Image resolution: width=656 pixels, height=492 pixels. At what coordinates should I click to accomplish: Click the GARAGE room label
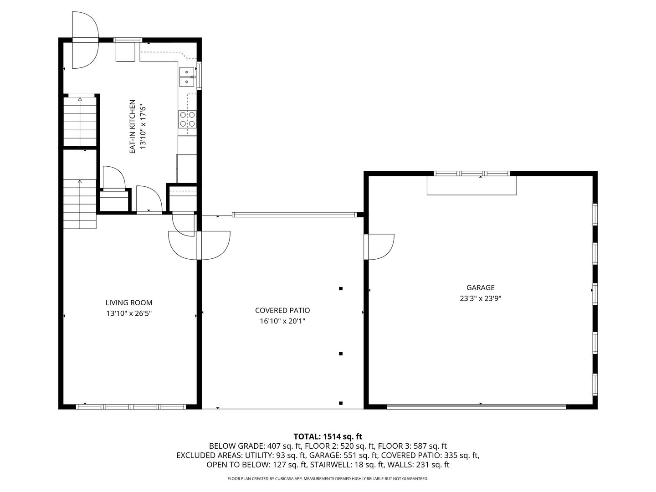[x=480, y=287]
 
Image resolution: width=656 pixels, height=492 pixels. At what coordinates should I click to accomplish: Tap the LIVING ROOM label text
[x=129, y=302]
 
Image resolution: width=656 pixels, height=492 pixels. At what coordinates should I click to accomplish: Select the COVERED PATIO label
[x=282, y=310]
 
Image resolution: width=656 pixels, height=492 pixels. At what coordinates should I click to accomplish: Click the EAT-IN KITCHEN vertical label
[x=133, y=127]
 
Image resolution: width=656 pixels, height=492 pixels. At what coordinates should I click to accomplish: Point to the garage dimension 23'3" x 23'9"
[x=480, y=299]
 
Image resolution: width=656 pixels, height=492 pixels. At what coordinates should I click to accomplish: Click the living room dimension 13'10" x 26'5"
[x=129, y=313]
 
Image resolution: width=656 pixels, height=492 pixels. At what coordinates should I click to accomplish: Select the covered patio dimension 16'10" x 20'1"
[x=282, y=321]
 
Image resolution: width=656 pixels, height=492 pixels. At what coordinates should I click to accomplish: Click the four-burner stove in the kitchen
[x=187, y=119]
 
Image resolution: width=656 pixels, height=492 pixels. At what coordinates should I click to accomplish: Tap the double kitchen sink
[x=186, y=77]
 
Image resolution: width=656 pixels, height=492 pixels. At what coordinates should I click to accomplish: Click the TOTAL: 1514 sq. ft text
[x=328, y=436]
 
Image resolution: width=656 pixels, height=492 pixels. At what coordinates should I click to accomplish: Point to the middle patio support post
[x=341, y=354]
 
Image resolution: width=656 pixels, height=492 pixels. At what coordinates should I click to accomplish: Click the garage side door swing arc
[x=383, y=246]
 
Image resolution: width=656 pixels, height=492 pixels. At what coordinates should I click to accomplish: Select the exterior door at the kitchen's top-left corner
[x=85, y=41]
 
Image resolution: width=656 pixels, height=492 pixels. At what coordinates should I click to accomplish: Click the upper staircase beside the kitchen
[x=80, y=121]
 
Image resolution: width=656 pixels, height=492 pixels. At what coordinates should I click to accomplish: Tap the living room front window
[x=131, y=406]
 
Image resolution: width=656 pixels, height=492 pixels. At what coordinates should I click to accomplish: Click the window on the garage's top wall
[x=471, y=174]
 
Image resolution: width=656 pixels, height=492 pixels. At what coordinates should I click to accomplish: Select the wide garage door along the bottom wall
[x=476, y=406]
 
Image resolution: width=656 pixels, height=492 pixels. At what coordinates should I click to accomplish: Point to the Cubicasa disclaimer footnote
[x=328, y=479]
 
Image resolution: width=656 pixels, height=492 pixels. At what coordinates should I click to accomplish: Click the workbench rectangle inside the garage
[x=471, y=185]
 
